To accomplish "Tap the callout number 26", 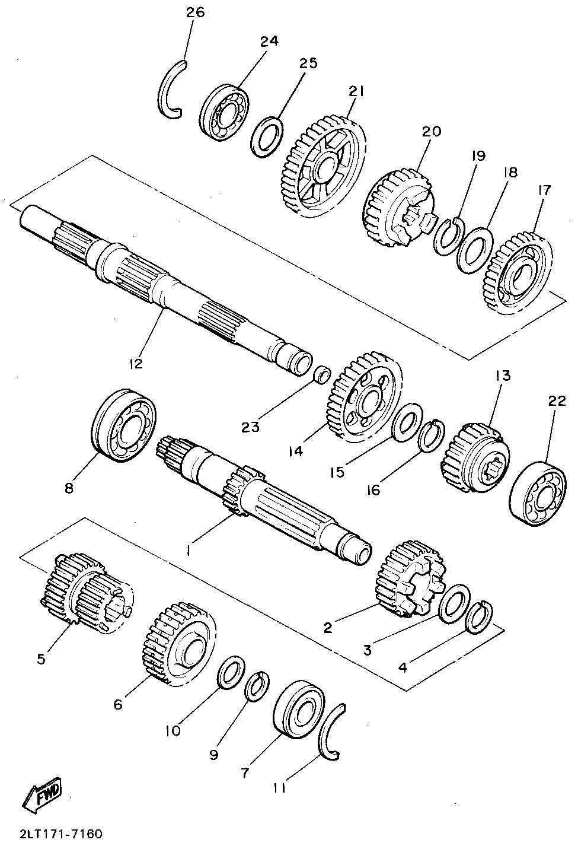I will [195, 13].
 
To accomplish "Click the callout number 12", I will [136, 363].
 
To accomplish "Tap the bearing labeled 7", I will [299, 713].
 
